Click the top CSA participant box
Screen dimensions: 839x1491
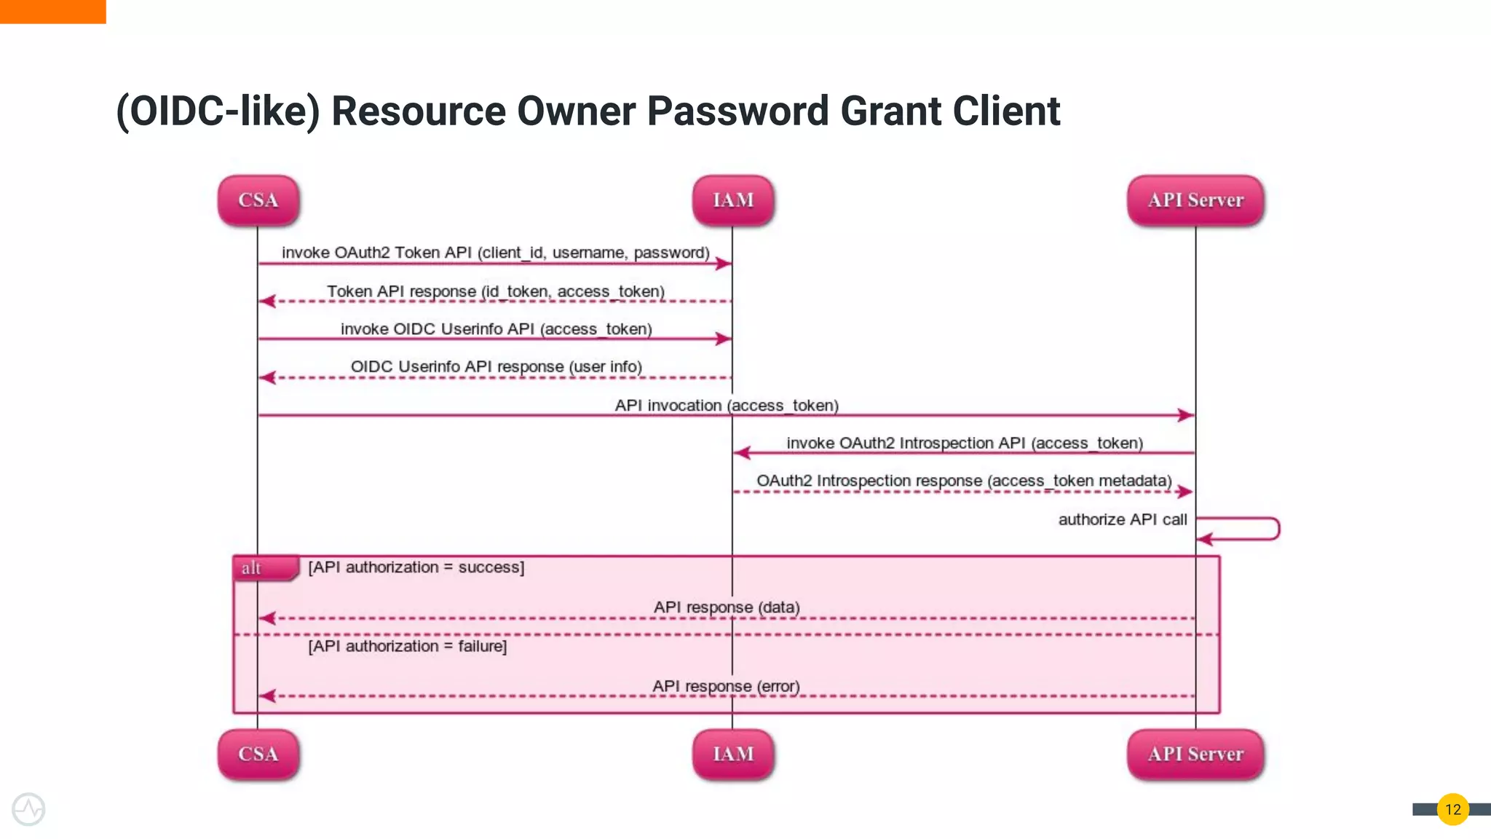pos(258,200)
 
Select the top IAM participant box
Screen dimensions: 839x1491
pos(732,200)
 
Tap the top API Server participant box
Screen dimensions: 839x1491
pos(1195,200)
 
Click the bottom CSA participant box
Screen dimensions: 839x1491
pos(258,755)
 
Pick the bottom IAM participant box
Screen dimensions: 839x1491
pos(732,755)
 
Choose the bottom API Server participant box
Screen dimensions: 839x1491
pos(1195,755)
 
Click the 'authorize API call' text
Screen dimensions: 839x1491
pos(1122,519)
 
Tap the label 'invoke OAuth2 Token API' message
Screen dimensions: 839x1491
pos(495,253)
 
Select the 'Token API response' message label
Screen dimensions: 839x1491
pos(495,291)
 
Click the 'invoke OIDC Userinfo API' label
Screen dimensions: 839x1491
pos(496,329)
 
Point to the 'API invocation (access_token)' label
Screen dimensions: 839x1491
pos(727,406)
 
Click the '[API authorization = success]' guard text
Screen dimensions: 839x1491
pos(416,567)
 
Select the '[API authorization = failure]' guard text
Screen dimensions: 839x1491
pos(407,646)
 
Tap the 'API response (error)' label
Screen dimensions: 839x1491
pos(726,686)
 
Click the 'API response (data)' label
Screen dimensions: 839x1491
pos(726,607)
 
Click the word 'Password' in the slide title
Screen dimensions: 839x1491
pos(737,111)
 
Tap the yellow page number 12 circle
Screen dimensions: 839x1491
pos(1452,809)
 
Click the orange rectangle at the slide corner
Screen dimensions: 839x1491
pos(52,11)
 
